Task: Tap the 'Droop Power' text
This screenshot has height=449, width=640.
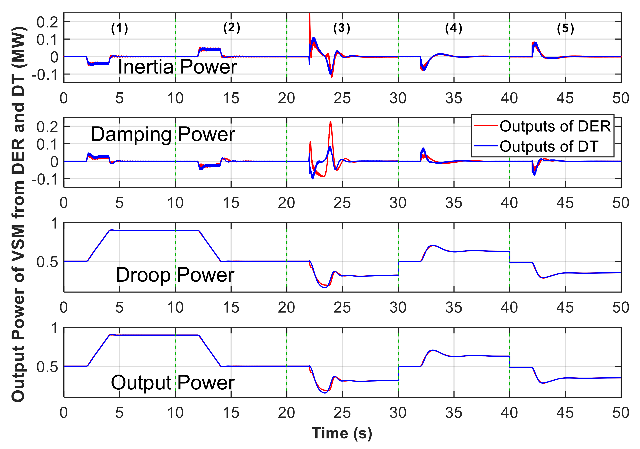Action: coord(175,275)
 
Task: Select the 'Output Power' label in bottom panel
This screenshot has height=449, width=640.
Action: coord(173,383)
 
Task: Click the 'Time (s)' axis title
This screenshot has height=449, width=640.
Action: coord(342,433)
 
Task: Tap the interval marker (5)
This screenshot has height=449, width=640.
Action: coord(565,28)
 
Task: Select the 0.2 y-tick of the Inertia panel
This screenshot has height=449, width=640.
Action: coord(47,22)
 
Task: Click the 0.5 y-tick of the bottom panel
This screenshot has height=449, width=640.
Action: coord(47,367)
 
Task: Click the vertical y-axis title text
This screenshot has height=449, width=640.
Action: coord(18,215)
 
